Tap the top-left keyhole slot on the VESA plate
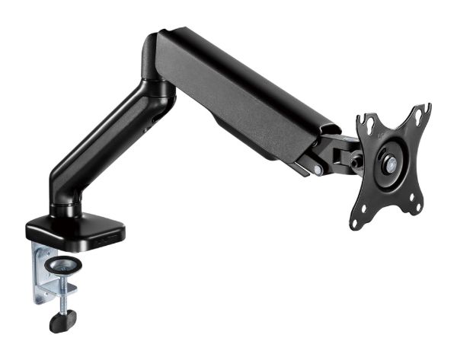click(368, 123)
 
